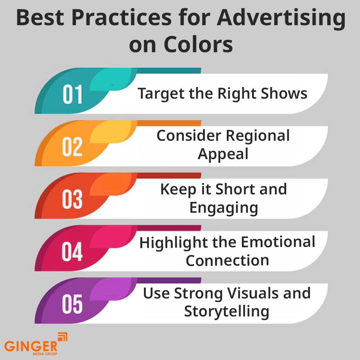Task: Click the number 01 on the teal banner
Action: pyautogui.click(x=72, y=95)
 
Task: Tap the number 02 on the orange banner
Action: pyautogui.click(x=72, y=147)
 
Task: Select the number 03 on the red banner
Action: pyautogui.click(x=72, y=199)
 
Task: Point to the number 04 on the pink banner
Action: pyautogui.click(x=72, y=252)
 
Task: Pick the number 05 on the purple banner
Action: pyautogui.click(x=72, y=304)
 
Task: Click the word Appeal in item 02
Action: pyautogui.click(x=223, y=154)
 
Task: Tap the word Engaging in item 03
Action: pyautogui.click(x=224, y=208)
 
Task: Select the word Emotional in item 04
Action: pyautogui.click(x=278, y=242)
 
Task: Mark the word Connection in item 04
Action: pyautogui.click(x=227, y=260)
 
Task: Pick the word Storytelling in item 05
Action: pyautogui.click(x=226, y=311)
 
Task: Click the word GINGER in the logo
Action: pyautogui.click(x=31, y=346)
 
